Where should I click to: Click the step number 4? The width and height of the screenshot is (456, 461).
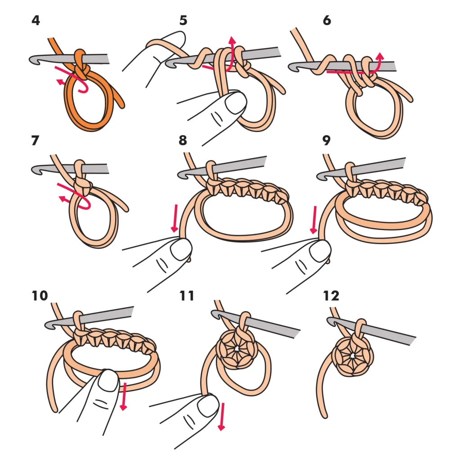(x=36, y=20)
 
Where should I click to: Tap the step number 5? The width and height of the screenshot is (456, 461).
(x=183, y=20)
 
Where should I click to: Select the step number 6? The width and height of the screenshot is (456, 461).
(x=327, y=20)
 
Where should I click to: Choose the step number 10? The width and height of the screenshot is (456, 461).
(x=40, y=296)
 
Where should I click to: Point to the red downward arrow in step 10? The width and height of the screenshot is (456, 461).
(x=124, y=396)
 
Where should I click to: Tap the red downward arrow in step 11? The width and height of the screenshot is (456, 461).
(x=221, y=416)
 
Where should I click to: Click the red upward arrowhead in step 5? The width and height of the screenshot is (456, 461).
(x=232, y=41)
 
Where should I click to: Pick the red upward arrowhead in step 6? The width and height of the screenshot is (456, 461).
(x=380, y=56)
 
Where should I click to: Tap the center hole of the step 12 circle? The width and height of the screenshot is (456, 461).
(x=352, y=356)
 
